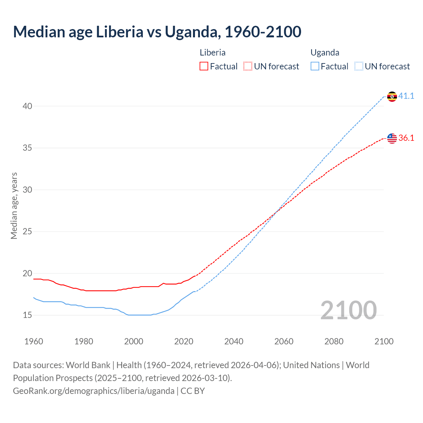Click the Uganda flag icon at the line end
click(392, 96)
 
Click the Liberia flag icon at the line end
click(392, 138)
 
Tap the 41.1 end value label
click(406, 96)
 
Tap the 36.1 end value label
click(406, 138)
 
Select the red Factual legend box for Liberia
click(204, 66)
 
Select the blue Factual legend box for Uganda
click(315, 66)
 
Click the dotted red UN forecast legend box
click(248, 66)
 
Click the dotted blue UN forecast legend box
click(359, 66)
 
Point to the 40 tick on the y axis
click(27, 106)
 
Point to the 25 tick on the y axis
click(27, 231)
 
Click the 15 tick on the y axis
click(27, 315)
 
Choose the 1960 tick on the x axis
click(34, 341)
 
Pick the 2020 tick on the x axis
click(184, 341)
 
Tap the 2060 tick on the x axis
click(284, 341)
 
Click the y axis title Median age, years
click(14, 206)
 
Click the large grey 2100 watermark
click(348, 310)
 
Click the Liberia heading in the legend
click(212, 53)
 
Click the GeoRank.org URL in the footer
click(94, 391)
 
